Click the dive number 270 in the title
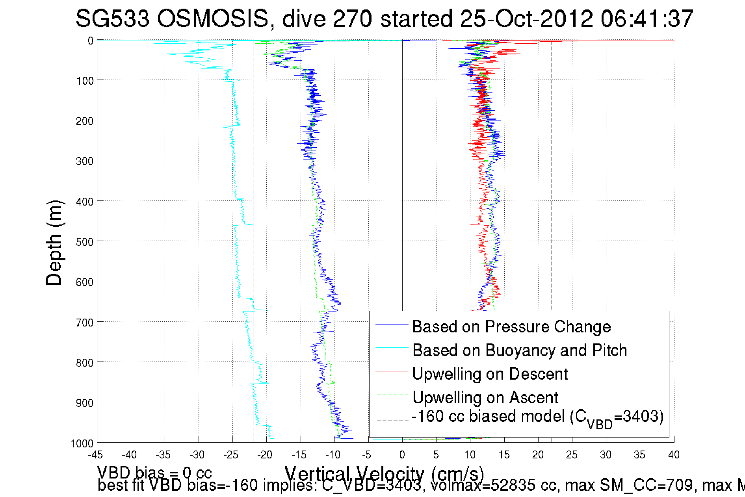pyautogui.click(x=353, y=19)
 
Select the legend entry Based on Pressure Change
pyautogui.click(x=511, y=327)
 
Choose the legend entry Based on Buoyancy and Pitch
pyautogui.click(x=519, y=350)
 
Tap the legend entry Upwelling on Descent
pyautogui.click(x=490, y=374)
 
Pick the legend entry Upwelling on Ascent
pyautogui.click(x=485, y=398)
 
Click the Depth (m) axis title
pyautogui.click(x=54, y=243)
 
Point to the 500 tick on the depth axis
pyautogui.click(x=84, y=242)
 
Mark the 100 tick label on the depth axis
pyautogui.click(x=84, y=81)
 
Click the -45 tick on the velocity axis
pyautogui.click(x=95, y=455)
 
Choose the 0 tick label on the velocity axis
pyautogui.click(x=402, y=455)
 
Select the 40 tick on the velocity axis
pyautogui.click(x=674, y=455)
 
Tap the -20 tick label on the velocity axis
pyautogui.click(x=265, y=455)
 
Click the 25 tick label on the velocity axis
pyautogui.click(x=572, y=455)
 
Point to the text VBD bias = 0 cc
pyautogui.click(x=154, y=473)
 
